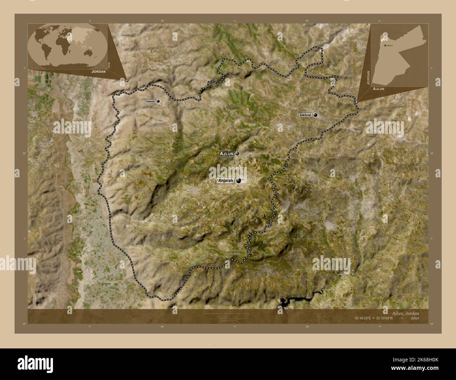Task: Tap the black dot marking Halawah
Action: (159, 101)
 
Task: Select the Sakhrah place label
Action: (305, 115)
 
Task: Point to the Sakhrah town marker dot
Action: (316, 115)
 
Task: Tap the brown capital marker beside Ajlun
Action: (237, 154)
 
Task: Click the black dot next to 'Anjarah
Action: (239, 181)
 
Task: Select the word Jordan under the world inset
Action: (99, 71)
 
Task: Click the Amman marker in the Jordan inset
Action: (385, 46)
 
